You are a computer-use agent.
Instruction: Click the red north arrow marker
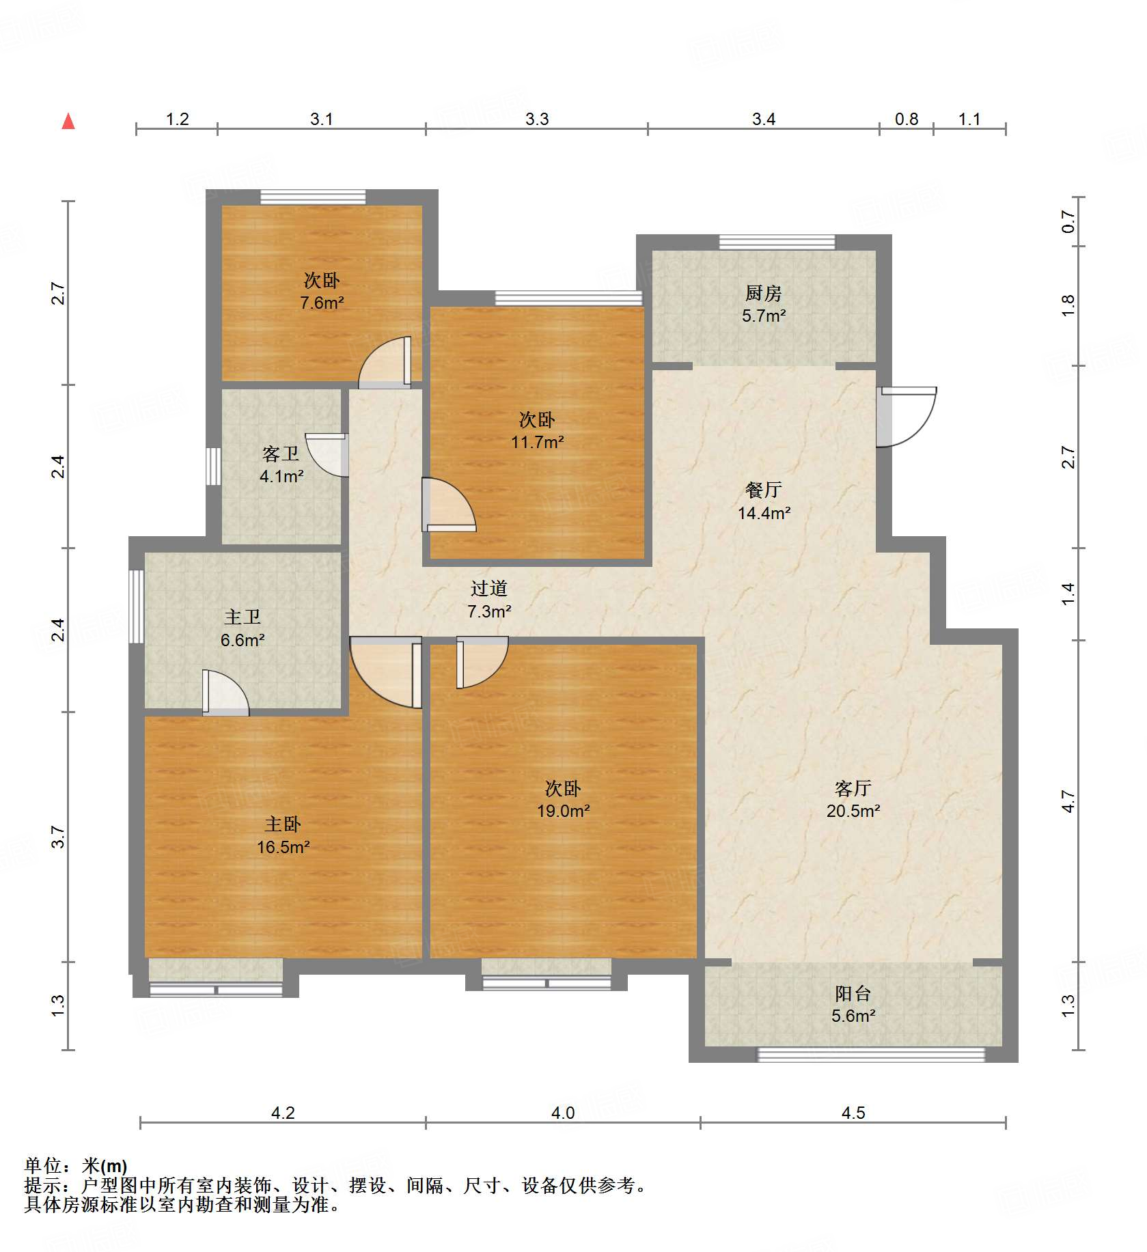click(68, 122)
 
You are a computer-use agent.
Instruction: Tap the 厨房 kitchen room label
click(763, 294)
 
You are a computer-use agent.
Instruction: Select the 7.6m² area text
click(322, 303)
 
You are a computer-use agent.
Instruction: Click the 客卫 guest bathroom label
click(281, 454)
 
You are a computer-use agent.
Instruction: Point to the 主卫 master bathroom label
click(243, 617)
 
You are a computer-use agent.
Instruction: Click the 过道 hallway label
click(488, 589)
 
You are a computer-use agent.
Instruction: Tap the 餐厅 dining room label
click(763, 490)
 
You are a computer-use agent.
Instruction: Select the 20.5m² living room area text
click(853, 811)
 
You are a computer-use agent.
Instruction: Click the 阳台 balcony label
click(853, 994)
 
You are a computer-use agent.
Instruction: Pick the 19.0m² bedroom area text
click(563, 811)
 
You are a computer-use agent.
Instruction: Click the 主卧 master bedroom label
click(283, 824)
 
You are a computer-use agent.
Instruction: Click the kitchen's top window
click(777, 242)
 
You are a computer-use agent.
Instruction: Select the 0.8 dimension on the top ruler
click(906, 120)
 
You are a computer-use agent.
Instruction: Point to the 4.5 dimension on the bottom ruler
click(853, 1113)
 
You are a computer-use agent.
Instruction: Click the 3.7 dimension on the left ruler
click(58, 837)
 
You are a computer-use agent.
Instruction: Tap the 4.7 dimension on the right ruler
click(1068, 801)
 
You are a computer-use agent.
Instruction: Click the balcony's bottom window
click(871, 1055)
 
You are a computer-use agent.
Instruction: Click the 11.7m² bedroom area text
click(537, 443)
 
